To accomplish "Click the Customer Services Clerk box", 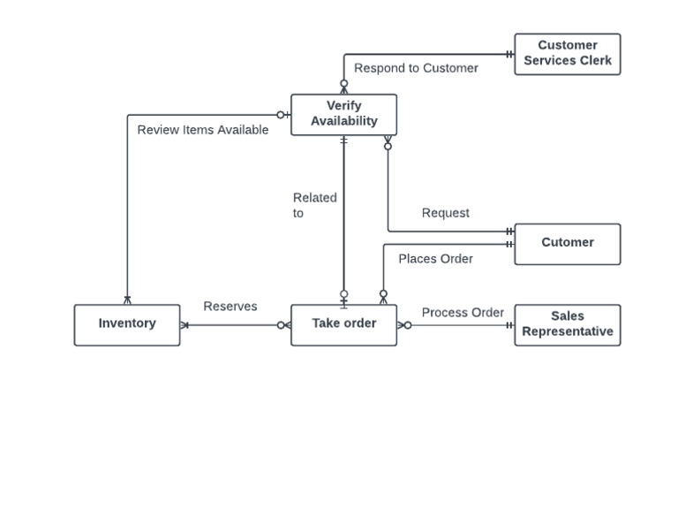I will tap(567, 54).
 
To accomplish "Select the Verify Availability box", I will tap(343, 115).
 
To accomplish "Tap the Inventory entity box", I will tap(127, 324).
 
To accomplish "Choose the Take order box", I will tap(343, 324).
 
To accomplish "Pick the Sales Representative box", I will tap(567, 324).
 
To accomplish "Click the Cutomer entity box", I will tap(567, 243).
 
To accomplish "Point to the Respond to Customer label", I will tap(416, 68).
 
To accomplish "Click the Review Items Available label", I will tap(202, 130).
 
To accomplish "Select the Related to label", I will tap(314, 205).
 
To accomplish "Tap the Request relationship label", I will tap(445, 213).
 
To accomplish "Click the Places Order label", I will tap(435, 259).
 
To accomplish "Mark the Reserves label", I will tap(230, 307).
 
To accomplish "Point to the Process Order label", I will tap(463, 313).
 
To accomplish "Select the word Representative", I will tap(567, 332).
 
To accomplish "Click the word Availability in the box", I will tap(343, 122).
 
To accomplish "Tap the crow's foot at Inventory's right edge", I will tap(185, 325).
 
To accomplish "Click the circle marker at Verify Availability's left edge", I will tap(281, 115).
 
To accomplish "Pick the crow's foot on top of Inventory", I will tap(127, 300).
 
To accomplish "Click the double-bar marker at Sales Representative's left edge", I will tap(509, 325).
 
